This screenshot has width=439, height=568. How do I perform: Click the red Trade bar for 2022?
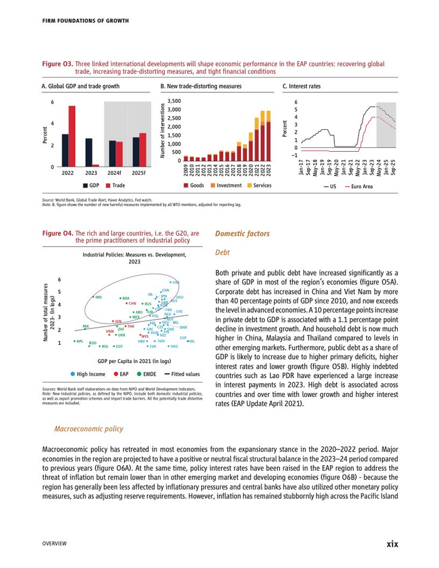coord(71,136)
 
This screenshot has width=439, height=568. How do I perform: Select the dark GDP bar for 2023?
coord(88,152)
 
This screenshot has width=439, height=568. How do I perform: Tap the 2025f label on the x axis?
coord(139,172)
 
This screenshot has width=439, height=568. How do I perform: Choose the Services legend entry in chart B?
coord(259,186)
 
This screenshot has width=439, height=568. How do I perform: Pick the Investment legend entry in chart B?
coord(226,186)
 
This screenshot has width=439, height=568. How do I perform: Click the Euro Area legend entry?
coord(358,186)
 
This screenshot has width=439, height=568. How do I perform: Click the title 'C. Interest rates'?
coord(301,86)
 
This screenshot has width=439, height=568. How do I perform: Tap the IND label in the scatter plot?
coord(99,297)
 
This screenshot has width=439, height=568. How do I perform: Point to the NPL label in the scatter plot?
coord(80,341)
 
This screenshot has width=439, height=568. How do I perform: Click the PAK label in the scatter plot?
coord(86,326)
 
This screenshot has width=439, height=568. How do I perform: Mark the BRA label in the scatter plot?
coord(125,298)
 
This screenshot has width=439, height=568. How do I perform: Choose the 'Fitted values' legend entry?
coord(184,374)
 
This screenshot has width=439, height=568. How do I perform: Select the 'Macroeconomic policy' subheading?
coord(89,429)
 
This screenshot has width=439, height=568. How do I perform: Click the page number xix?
coord(392,544)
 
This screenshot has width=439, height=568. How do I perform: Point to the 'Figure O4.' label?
coord(57,233)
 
